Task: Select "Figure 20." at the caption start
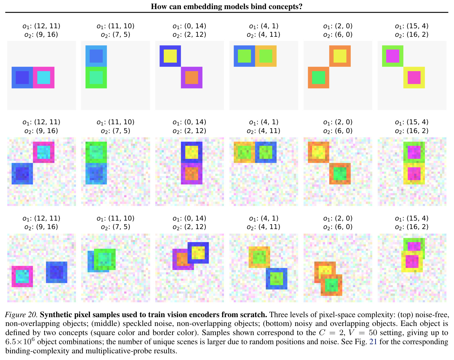tap(21, 315)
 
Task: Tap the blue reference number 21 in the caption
tap(373, 342)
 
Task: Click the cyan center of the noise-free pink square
tap(44, 77)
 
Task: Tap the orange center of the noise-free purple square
tap(191, 77)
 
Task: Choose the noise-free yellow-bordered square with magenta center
tap(414, 77)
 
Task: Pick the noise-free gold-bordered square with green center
tap(266, 56)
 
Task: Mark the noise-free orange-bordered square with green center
tap(318, 77)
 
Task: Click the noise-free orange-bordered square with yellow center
tap(340, 56)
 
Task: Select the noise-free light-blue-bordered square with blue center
tap(96, 56)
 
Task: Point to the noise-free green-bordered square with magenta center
tap(393, 56)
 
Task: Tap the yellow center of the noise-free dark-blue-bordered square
tap(170, 56)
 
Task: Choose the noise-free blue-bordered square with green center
tap(244, 56)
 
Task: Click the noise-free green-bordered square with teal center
tap(96, 77)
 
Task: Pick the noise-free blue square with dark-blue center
tap(22, 77)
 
